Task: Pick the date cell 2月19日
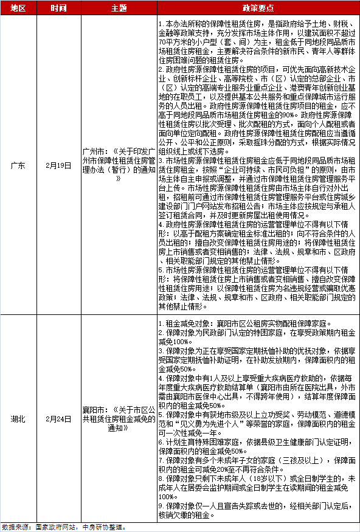[x=59, y=165]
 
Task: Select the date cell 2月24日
[x=59, y=420]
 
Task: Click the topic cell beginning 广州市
[x=119, y=165]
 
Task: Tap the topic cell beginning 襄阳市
[x=119, y=420]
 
